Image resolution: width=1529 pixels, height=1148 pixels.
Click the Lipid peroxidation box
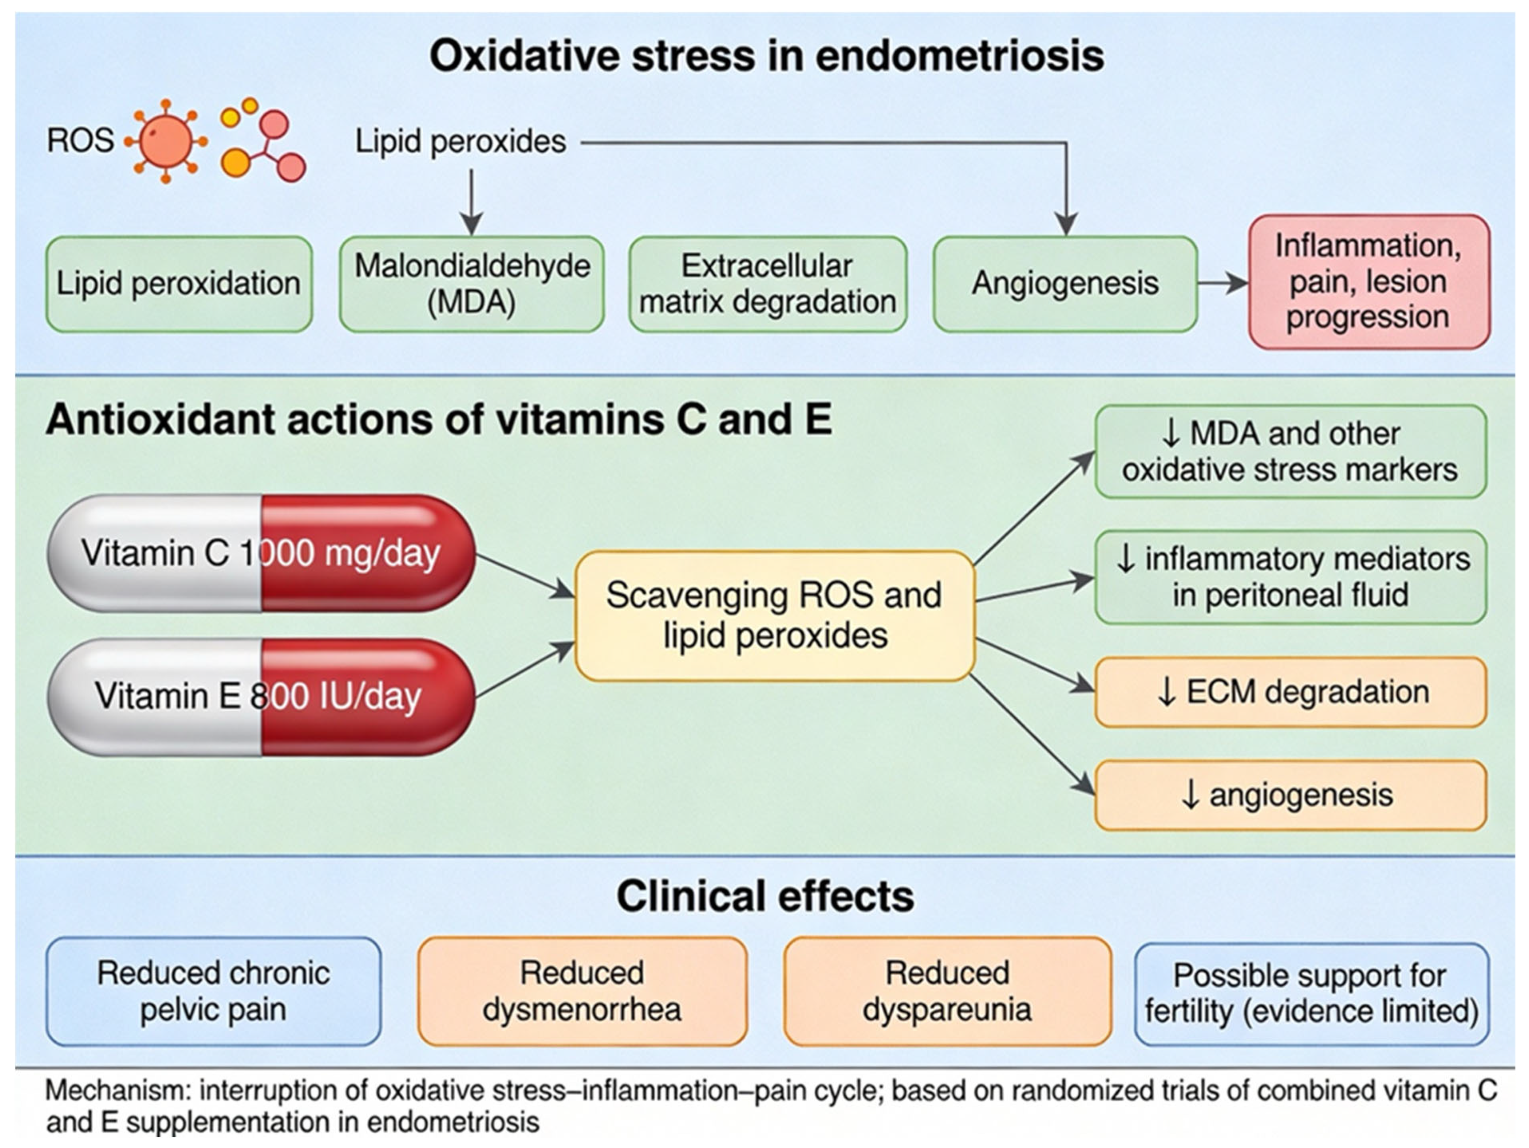pos(179,284)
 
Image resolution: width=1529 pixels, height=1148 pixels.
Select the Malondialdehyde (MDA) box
pos(472,284)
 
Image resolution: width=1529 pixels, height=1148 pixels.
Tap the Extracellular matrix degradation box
pos(768,284)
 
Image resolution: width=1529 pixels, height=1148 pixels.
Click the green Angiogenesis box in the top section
pos(1065,284)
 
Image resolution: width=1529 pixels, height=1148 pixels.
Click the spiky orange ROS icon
pos(166,141)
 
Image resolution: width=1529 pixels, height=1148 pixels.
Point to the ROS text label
pos(80,140)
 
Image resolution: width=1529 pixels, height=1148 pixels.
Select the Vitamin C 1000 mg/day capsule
pos(261,553)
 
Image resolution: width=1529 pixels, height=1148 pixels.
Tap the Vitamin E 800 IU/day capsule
pos(261,696)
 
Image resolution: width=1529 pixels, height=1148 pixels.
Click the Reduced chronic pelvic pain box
pos(214,991)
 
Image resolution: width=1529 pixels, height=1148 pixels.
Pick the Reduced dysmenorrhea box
pos(582,991)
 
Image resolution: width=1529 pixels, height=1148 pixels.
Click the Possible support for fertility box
pos(1311,994)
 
